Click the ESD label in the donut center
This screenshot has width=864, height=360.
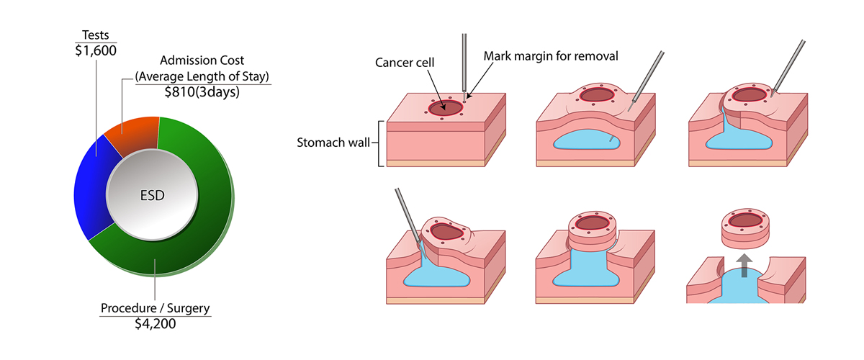[153, 194]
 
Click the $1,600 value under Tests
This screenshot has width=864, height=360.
[96, 50]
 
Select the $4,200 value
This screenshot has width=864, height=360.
[155, 324]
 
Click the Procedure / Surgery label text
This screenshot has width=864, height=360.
[155, 308]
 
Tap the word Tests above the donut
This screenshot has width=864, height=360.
[96, 35]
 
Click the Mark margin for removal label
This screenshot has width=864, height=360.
[552, 55]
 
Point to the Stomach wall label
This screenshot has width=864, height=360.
[331, 141]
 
